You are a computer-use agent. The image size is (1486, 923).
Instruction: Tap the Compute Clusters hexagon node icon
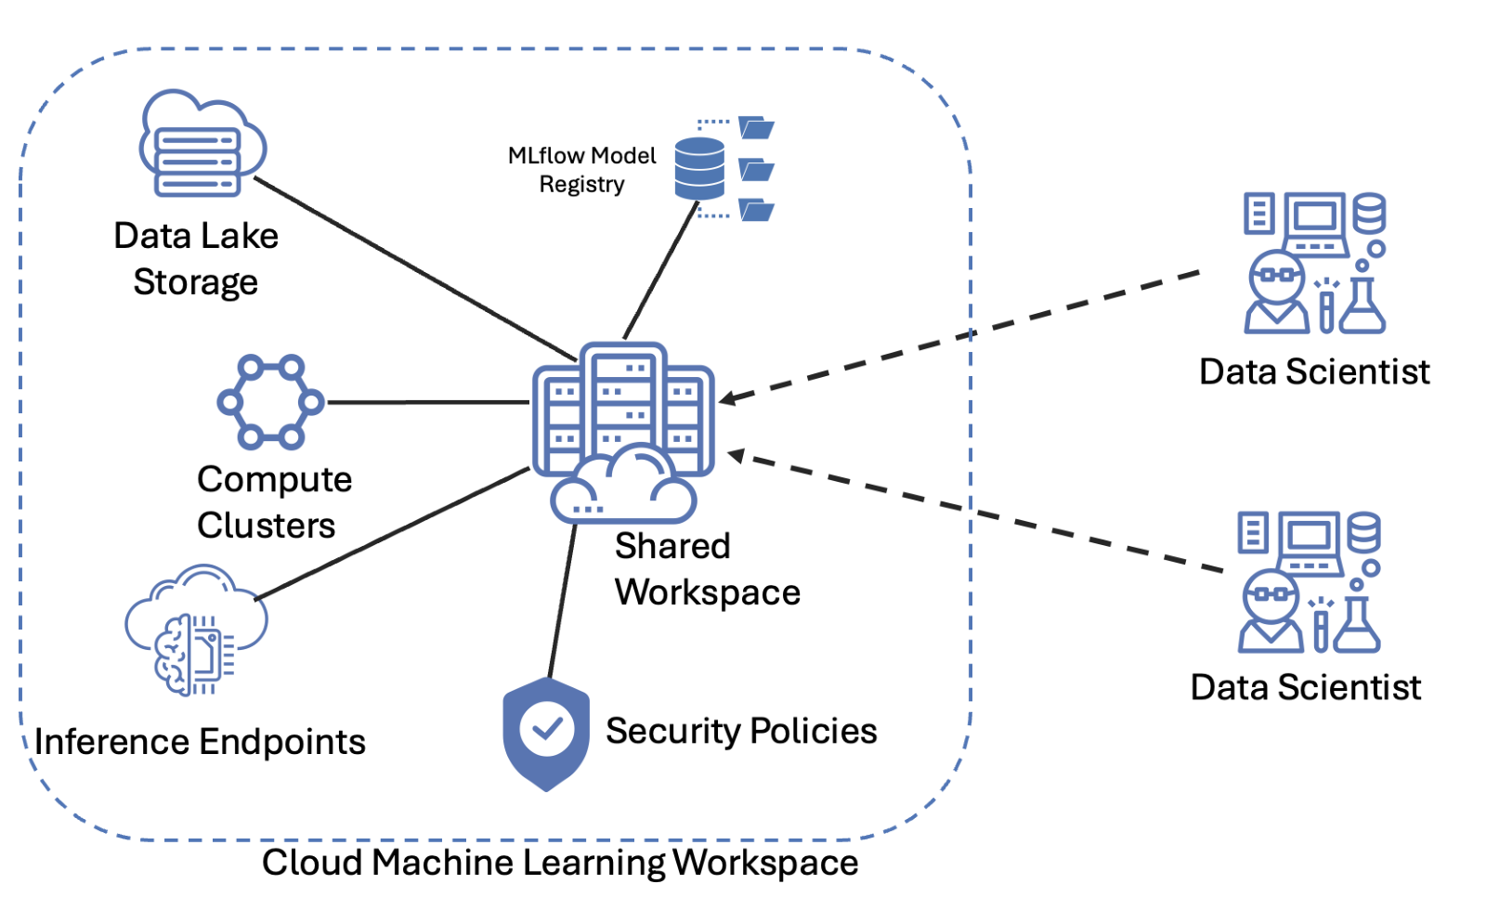click(x=270, y=402)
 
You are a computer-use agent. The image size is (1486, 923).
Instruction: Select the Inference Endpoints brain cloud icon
click(x=196, y=630)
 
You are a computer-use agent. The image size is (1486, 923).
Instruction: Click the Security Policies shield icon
click(x=546, y=733)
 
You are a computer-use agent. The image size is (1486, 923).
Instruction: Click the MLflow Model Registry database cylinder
click(x=699, y=168)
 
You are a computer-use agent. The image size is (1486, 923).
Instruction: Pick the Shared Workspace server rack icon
click(x=622, y=409)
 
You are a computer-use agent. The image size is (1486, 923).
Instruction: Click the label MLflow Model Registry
click(x=581, y=170)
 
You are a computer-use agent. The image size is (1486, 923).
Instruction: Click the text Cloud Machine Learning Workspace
click(x=559, y=863)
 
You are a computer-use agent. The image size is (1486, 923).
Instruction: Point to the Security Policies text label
click(x=741, y=732)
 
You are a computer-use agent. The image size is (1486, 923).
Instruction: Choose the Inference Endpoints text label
click(x=200, y=743)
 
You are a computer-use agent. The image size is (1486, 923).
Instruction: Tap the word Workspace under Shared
click(x=707, y=592)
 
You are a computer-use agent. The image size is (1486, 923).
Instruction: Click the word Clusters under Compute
click(x=266, y=526)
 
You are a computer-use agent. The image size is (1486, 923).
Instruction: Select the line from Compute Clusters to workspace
click(x=427, y=402)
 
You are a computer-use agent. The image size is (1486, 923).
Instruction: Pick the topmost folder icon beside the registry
click(x=756, y=128)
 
